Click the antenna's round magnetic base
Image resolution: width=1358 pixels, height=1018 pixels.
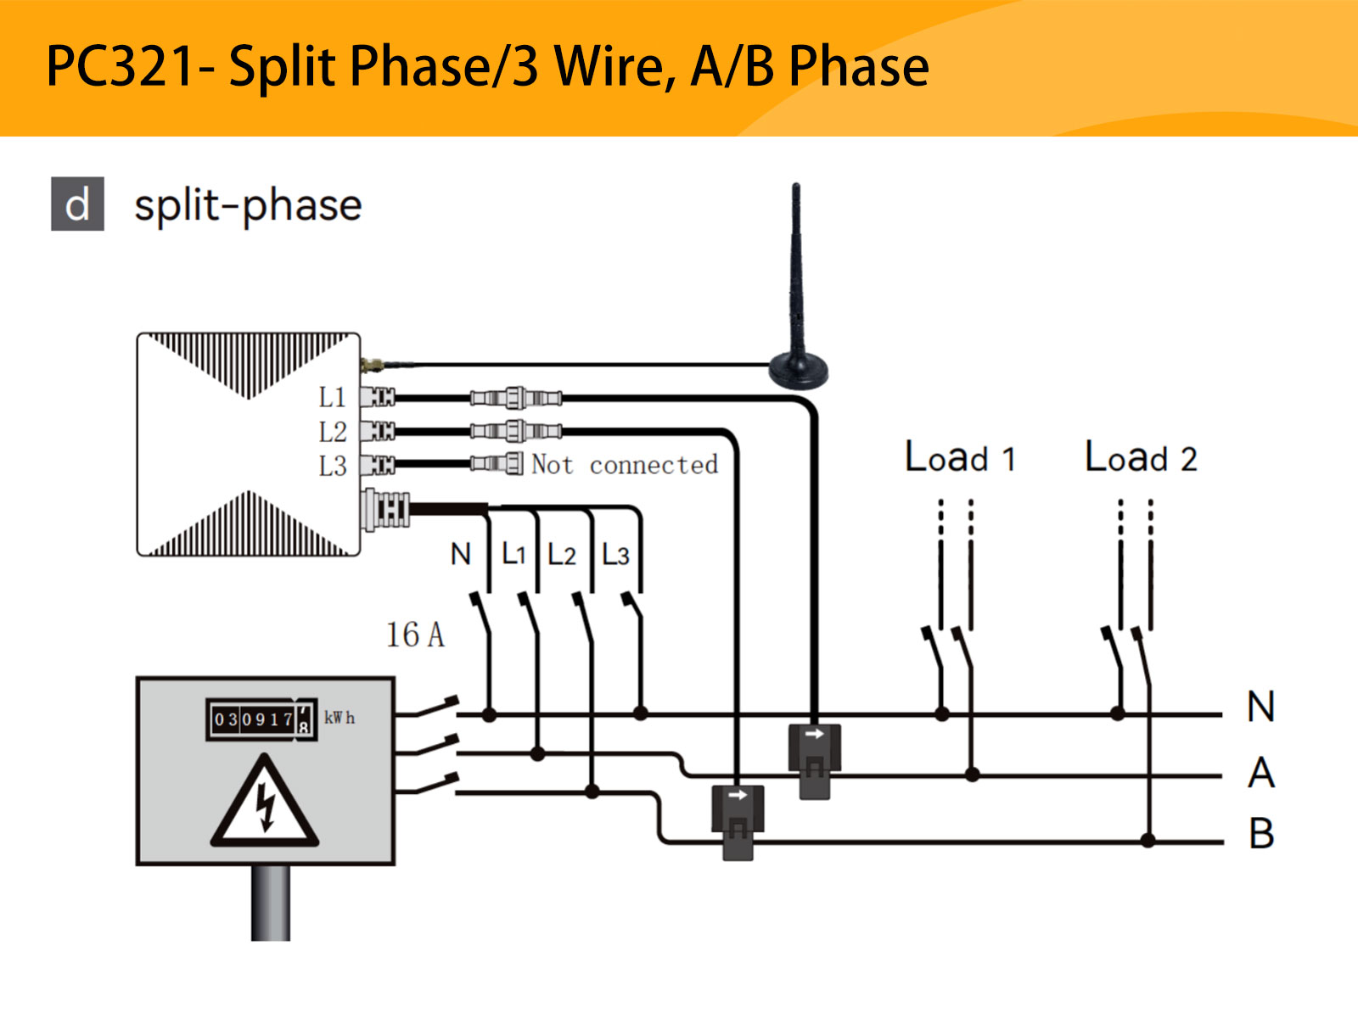798,370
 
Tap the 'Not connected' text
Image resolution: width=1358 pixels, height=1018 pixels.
624,464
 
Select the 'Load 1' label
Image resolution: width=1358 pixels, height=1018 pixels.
960,457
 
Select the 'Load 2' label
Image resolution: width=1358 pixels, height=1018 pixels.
1141,457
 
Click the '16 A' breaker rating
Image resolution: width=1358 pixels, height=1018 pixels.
415,635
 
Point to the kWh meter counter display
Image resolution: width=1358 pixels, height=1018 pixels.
261,719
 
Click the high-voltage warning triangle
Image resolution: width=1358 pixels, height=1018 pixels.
266,803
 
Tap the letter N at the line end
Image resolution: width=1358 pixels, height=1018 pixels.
1260,707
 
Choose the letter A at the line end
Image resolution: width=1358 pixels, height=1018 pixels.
1261,773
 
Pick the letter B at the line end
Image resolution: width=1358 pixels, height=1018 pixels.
1261,833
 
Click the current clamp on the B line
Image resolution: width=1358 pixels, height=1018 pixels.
738,819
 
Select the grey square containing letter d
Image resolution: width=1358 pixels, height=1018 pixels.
77,204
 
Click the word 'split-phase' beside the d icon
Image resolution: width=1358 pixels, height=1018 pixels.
248,205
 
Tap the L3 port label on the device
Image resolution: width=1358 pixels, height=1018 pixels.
333,466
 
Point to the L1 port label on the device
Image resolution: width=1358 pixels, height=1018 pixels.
333,397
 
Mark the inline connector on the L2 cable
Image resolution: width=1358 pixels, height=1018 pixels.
516,431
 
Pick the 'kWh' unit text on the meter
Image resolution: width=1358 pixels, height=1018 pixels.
339,718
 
